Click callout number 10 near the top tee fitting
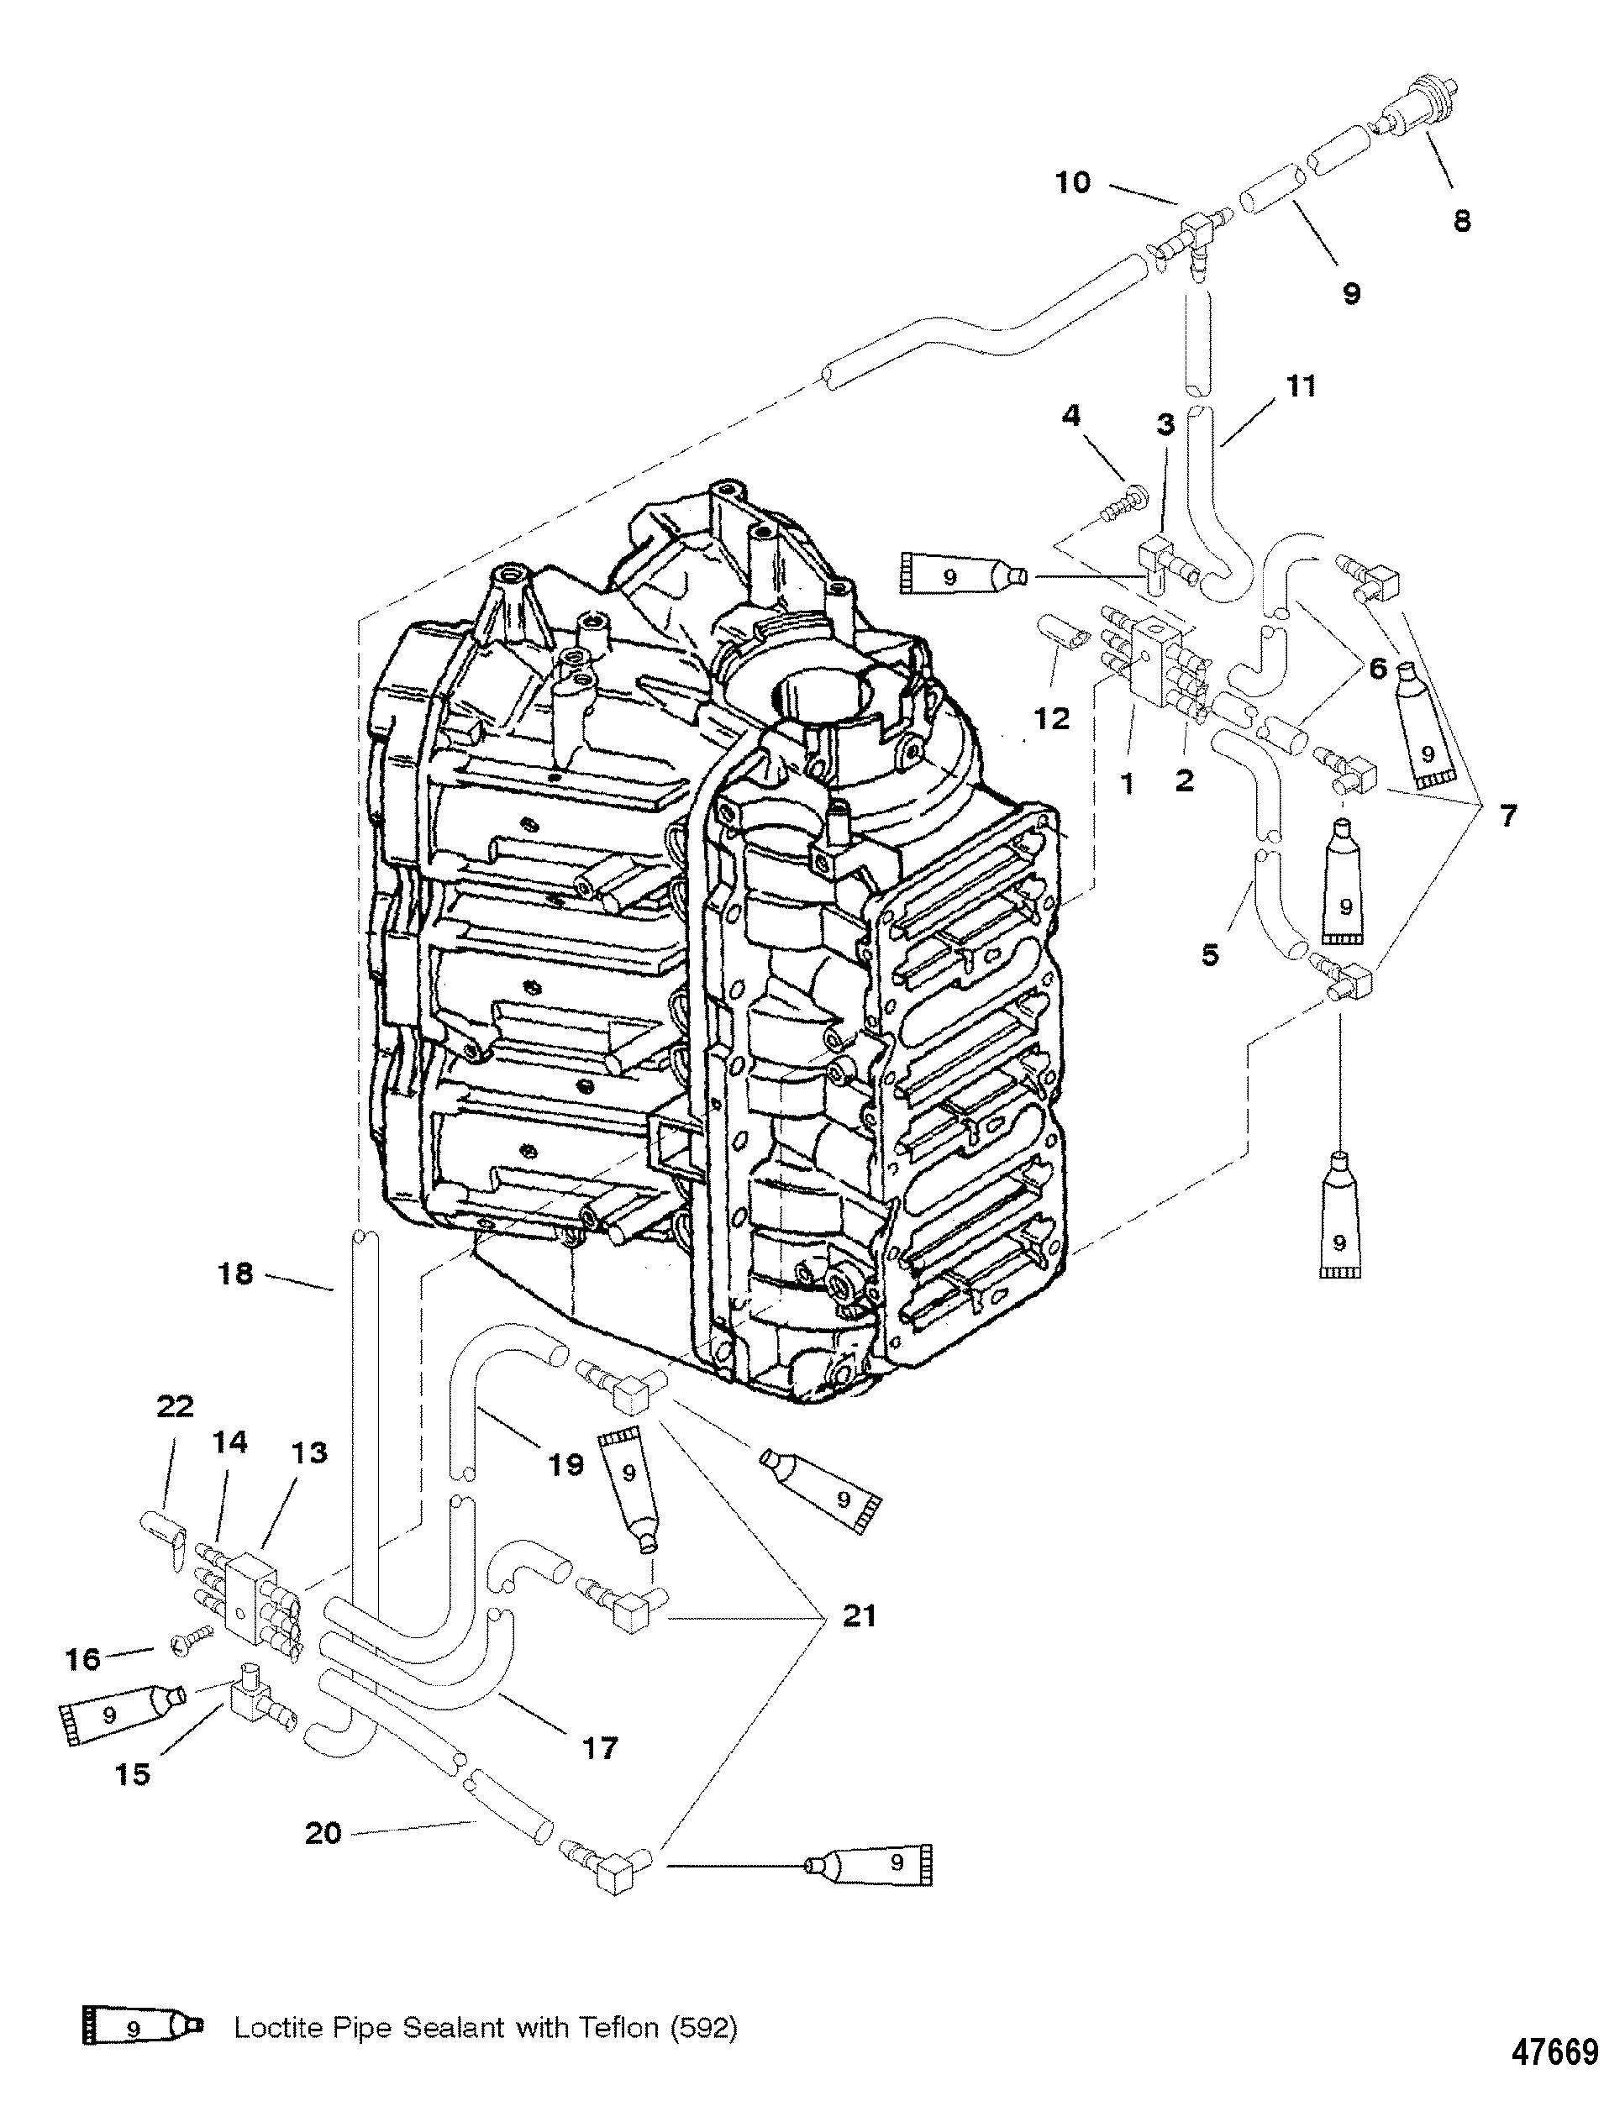[1072, 182]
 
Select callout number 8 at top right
[1461, 222]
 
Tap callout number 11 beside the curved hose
[1301, 386]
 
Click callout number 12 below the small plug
[1052, 719]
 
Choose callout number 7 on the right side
[1508, 817]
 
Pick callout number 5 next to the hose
[1211, 954]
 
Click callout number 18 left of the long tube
[236, 1275]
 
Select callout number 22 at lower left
[175, 1406]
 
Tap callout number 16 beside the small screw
[83, 1658]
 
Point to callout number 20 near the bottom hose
[323, 1833]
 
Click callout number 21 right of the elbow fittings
[858, 1616]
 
